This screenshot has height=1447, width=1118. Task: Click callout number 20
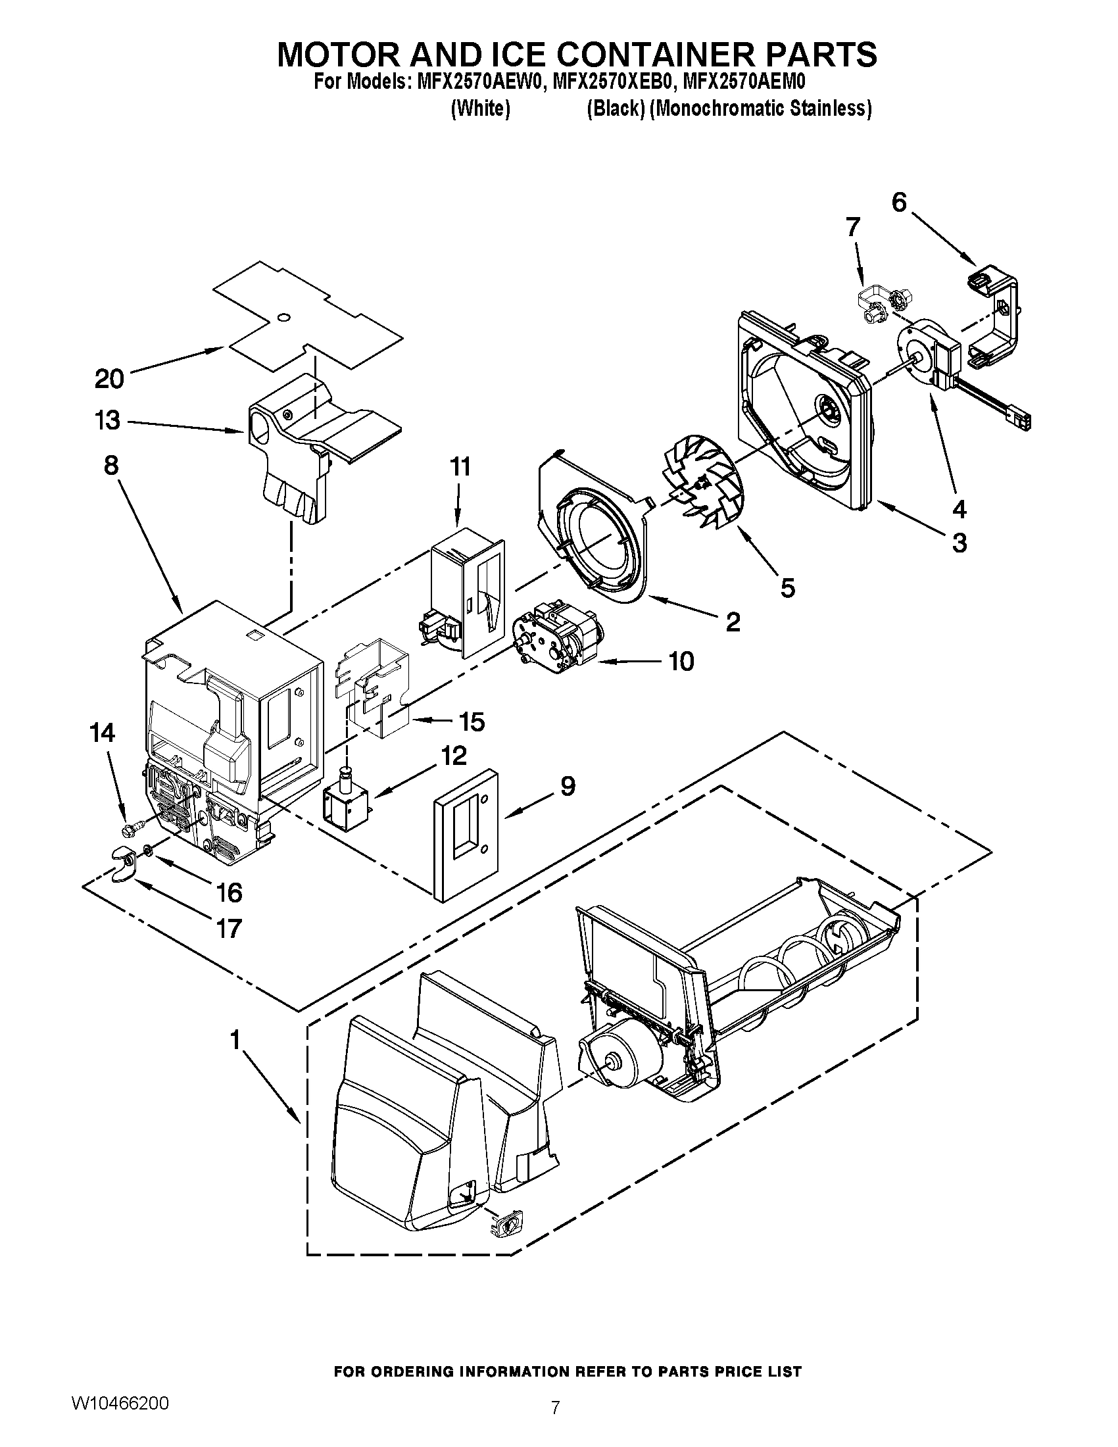[x=109, y=379]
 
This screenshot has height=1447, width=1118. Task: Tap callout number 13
[x=107, y=420]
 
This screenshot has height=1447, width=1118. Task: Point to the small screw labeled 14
[x=133, y=827]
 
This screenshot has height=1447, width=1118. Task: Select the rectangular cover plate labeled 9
[x=466, y=834]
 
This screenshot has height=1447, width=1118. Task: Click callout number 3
[x=959, y=543]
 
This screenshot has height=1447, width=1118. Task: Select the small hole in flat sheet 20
[x=283, y=318]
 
